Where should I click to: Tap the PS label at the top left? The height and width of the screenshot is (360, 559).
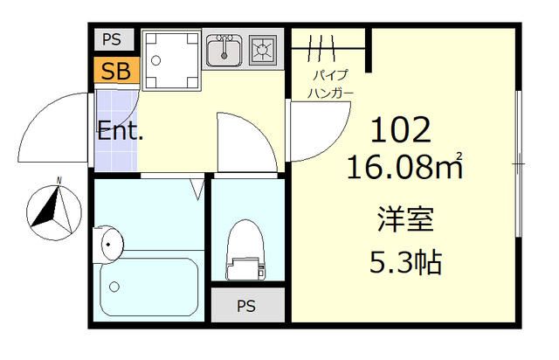(112, 40)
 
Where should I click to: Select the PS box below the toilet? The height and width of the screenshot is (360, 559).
(247, 306)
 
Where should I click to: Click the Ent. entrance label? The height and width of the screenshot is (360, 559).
(120, 133)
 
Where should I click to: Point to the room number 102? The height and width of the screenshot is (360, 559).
(402, 131)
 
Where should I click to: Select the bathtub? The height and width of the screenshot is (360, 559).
(148, 287)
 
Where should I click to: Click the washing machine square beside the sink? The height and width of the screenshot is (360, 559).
(171, 61)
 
